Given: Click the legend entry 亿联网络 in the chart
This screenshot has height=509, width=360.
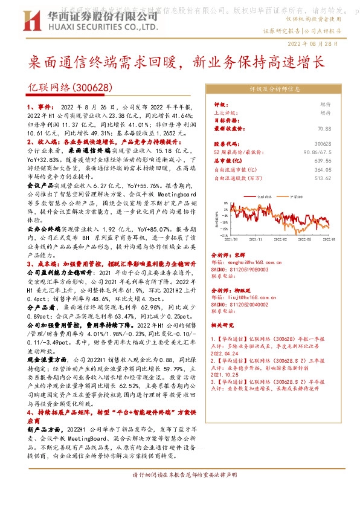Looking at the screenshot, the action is [264, 196].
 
